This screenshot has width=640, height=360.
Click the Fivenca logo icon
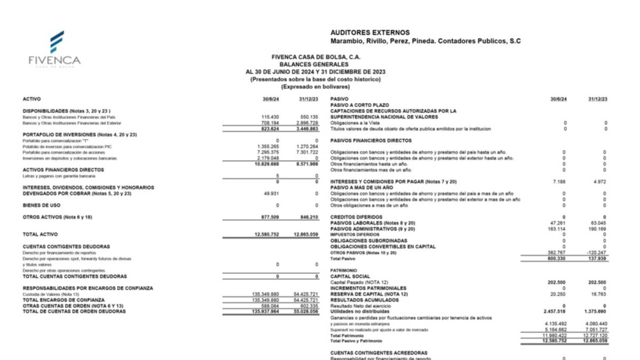[57, 42]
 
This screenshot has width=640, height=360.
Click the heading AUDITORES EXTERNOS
[370, 33]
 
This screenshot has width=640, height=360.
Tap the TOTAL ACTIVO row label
[41, 235]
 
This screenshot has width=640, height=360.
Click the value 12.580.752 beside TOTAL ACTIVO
[267, 235]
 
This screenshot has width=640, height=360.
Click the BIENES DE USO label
[42, 205]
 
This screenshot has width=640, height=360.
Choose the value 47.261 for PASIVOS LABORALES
[556, 223]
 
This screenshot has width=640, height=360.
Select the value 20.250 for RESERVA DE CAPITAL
[556, 294]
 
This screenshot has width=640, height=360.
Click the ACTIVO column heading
[31, 99]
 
